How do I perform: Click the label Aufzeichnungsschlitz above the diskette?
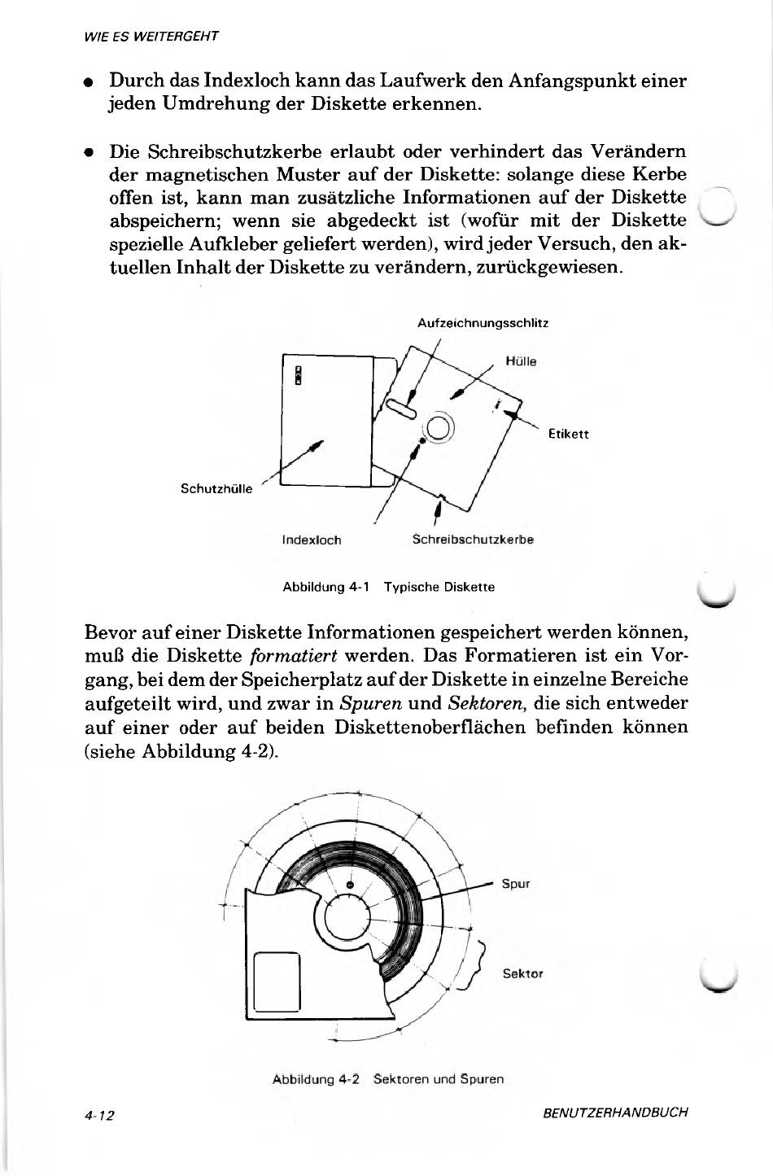click(483, 323)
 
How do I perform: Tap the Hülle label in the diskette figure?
click(521, 361)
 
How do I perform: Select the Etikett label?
click(568, 435)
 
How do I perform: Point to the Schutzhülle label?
click(216, 489)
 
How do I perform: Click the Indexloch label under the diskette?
click(311, 540)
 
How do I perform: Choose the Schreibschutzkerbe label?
click(473, 540)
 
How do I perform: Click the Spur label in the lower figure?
click(516, 883)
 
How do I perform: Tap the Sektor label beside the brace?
click(523, 973)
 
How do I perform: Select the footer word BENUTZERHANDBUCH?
click(615, 1112)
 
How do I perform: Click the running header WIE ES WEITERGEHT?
click(151, 37)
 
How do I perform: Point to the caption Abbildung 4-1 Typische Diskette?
click(388, 587)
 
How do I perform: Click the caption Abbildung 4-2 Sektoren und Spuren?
click(388, 1079)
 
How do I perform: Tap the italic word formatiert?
click(293, 655)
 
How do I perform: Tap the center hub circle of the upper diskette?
click(439, 427)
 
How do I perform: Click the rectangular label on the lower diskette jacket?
click(278, 981)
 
